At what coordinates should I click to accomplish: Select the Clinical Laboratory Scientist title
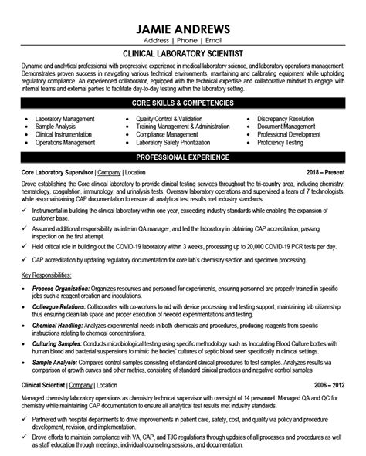tap(182, 56)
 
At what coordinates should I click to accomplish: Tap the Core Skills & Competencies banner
tap(182, 104)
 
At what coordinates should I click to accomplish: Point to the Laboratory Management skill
tap(65, 120)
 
